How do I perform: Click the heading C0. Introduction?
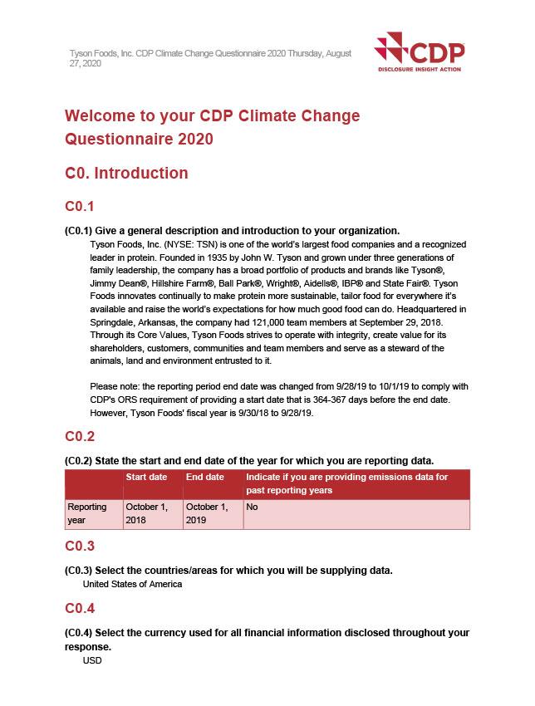point(126,174)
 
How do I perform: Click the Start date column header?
point(146,478)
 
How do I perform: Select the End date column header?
point(204,478)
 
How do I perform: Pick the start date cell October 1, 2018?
point(145,513)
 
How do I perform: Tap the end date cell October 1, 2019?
point(206,513)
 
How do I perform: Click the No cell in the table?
point(253,507)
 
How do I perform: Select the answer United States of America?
point(132,584)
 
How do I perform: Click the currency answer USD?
point(92,662)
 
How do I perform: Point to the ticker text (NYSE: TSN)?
point(184,245)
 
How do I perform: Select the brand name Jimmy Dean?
point(113,283)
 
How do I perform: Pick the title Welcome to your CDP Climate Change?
point(212,115)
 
